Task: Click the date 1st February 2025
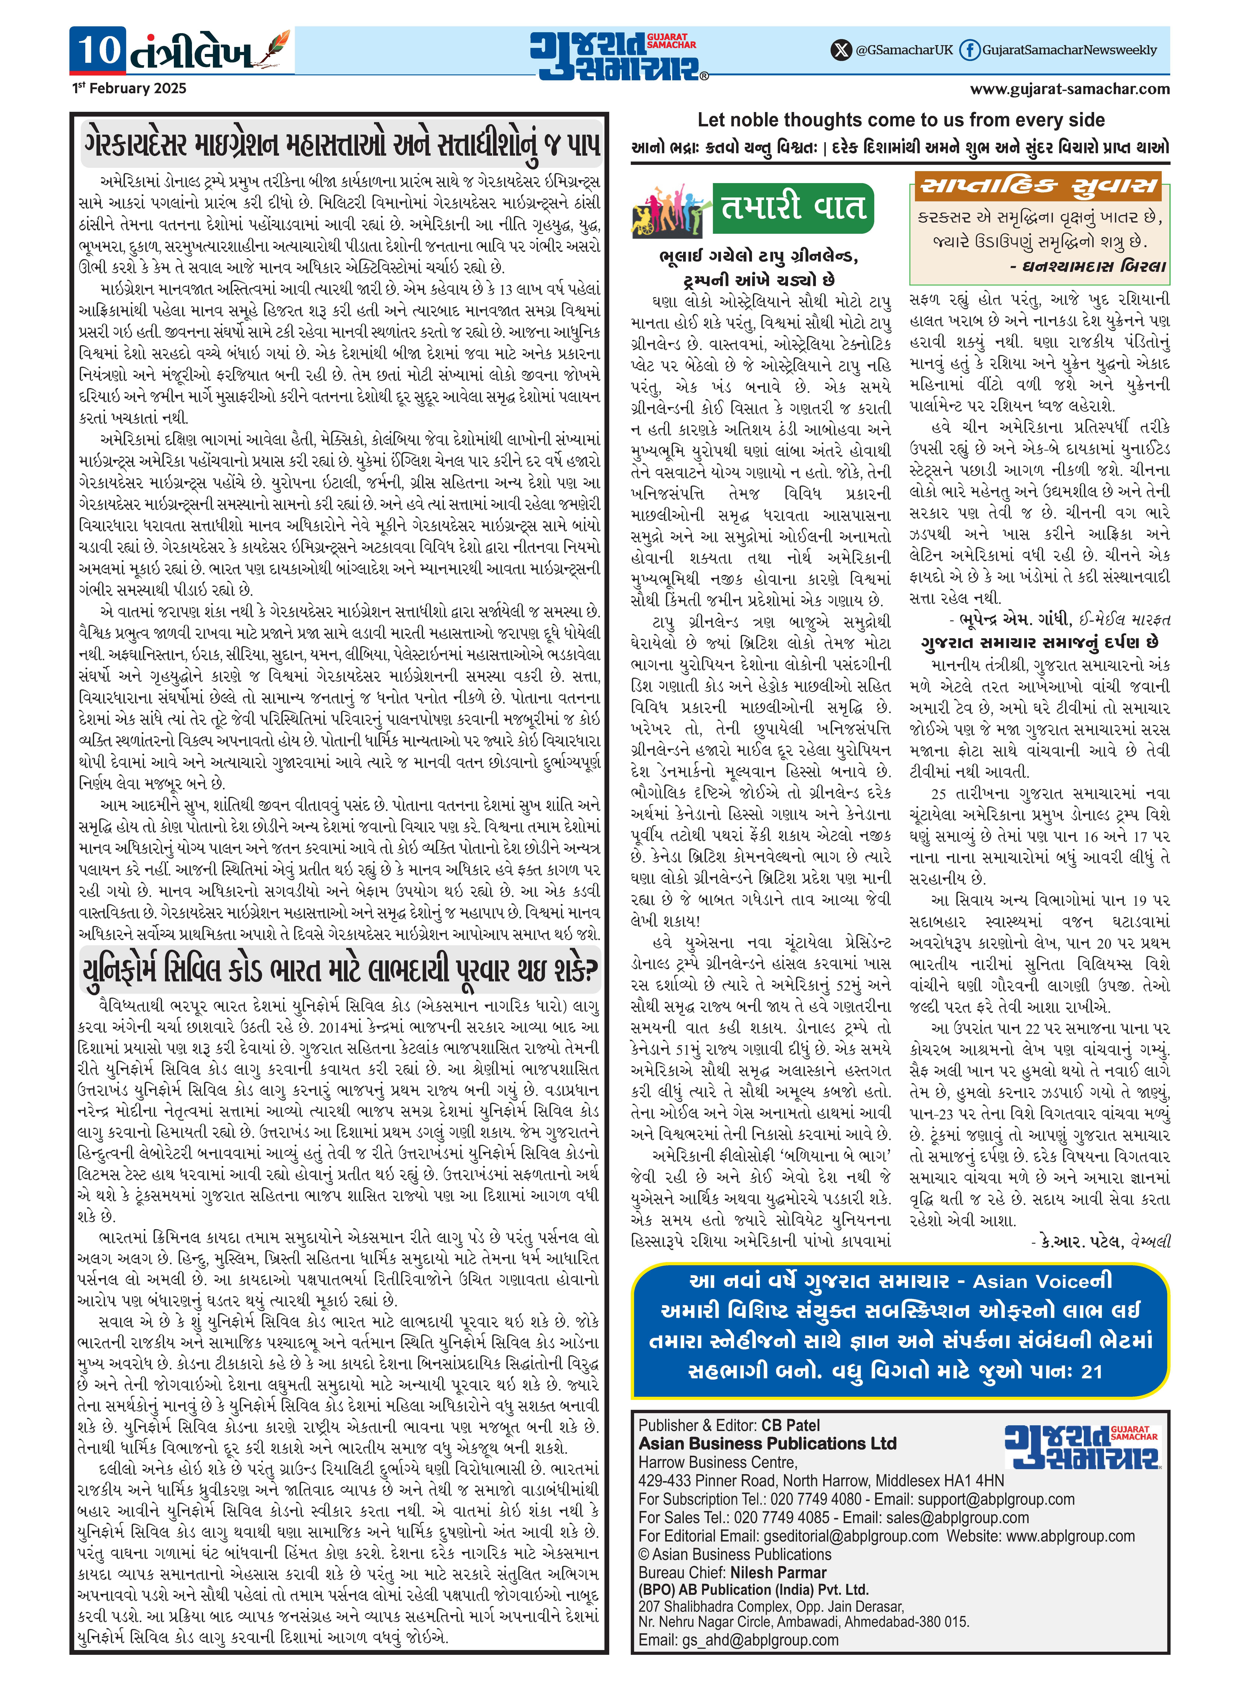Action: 129,89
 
